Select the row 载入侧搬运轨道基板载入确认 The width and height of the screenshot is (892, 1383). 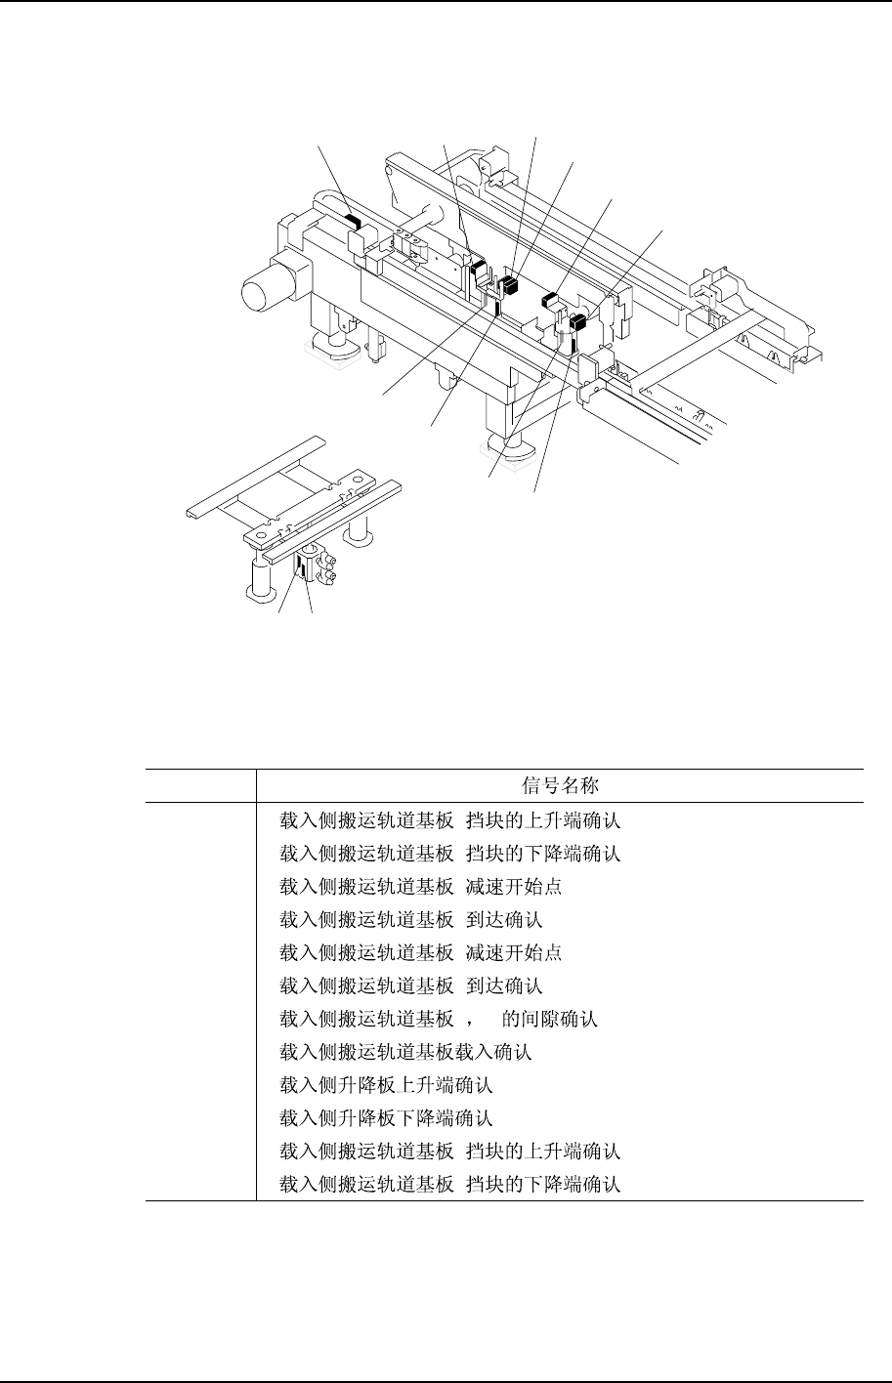[405, 1052]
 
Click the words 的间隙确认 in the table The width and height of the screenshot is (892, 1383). [549, 1019]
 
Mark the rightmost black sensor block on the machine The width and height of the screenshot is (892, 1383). [578, 322]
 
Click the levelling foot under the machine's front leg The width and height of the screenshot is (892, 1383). [507, 446]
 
